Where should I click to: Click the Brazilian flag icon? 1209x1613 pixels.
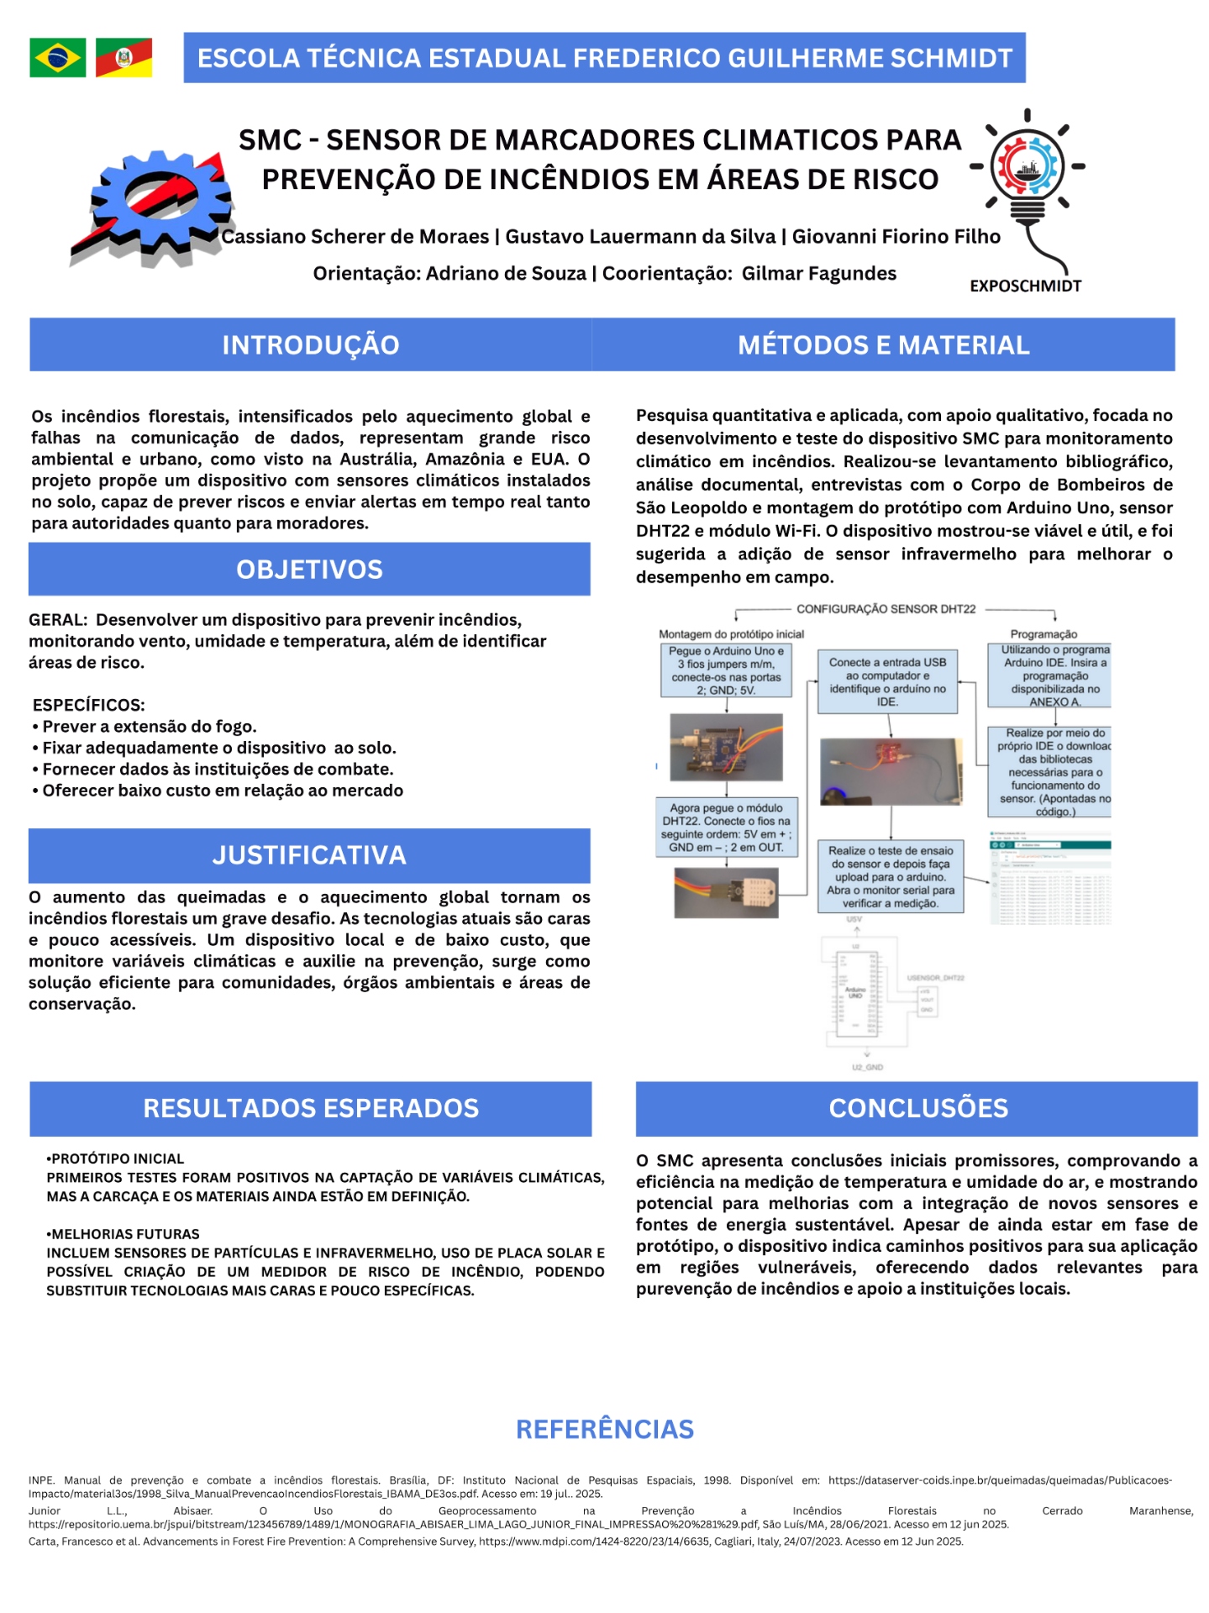click(57, 58)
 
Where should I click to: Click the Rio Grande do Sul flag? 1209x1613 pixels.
click(124, 58)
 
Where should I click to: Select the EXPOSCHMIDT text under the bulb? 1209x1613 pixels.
click(1025, 286)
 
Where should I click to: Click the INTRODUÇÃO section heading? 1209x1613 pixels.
click(310, 345)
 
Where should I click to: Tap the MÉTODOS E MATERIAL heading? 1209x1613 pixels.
click(883, 345)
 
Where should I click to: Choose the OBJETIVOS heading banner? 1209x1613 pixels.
click(309, 570)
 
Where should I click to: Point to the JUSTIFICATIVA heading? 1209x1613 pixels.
click(309, 855)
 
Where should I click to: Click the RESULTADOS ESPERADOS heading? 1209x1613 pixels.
click(310, 1108)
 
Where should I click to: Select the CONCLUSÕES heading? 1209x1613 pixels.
click(917, 1108)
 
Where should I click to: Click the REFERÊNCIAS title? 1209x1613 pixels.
click(605, 1429)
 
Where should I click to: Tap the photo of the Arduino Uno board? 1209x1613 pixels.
click(726, 747)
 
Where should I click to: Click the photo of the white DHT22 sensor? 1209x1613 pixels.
click(726, 892)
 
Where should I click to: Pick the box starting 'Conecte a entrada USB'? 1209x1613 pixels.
click(887, 682)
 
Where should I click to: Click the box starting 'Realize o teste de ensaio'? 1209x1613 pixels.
click(891, 877)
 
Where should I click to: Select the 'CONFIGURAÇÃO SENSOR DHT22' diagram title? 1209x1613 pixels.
click(886, 609)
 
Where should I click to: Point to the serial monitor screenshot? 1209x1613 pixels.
click(1050, 879)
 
